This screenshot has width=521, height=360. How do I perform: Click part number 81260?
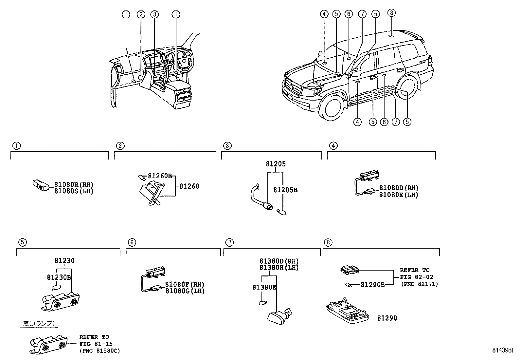(x=189, y=186)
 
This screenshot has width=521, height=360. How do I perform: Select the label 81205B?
(x=285, y=190)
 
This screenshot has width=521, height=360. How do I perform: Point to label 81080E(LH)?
(x=398, y=195)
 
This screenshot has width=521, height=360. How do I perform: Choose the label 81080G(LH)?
(x=185, y=291)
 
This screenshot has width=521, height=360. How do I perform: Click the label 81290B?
(x=372, y=285)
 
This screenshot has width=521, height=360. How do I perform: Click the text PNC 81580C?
(x=99, y=351)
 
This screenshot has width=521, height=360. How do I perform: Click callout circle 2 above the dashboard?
(x=141, y=14)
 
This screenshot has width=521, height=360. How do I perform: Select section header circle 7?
(x=230, y=242)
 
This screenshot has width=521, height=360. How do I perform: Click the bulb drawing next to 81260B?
(x=142, y=177)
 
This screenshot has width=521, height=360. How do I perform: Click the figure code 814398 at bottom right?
(x=502, y=351)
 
